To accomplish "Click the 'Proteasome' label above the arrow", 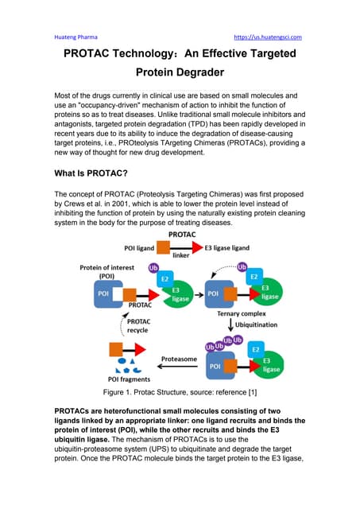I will coord(178,359).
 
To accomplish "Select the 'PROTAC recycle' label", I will coord(130,326).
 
